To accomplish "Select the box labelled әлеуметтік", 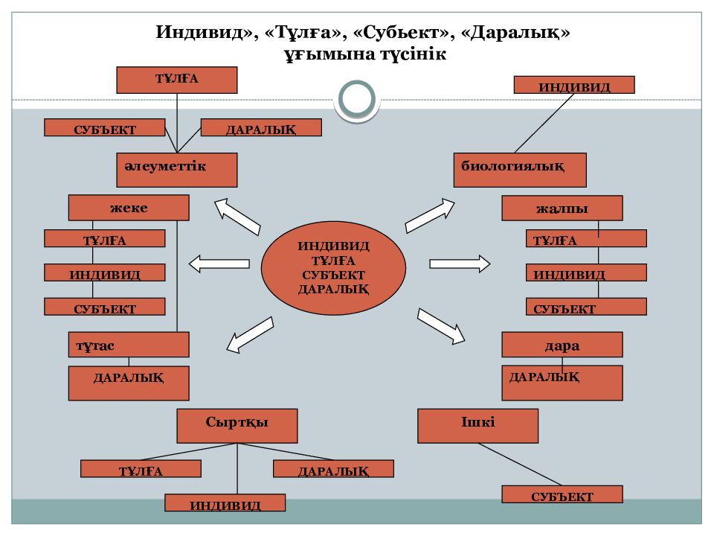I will (177, 170).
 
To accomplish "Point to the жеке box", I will (129, 208).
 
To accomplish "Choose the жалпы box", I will (562, 208).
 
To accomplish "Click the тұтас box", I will (129, 345).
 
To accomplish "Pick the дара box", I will (562, 345).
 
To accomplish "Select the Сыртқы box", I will (237, 426).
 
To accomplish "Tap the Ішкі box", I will (478, 426).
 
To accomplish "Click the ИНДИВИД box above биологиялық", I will (574, 85).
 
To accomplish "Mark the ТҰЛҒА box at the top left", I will (177, 80).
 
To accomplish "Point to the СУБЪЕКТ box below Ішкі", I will (562, 495).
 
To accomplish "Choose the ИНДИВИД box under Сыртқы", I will (225, 504).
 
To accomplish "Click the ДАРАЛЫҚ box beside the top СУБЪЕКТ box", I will (261, 128).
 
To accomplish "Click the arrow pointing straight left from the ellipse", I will (219, 263).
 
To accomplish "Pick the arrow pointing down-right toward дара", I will (442, 325).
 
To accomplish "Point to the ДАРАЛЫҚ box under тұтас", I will (129, 383).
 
